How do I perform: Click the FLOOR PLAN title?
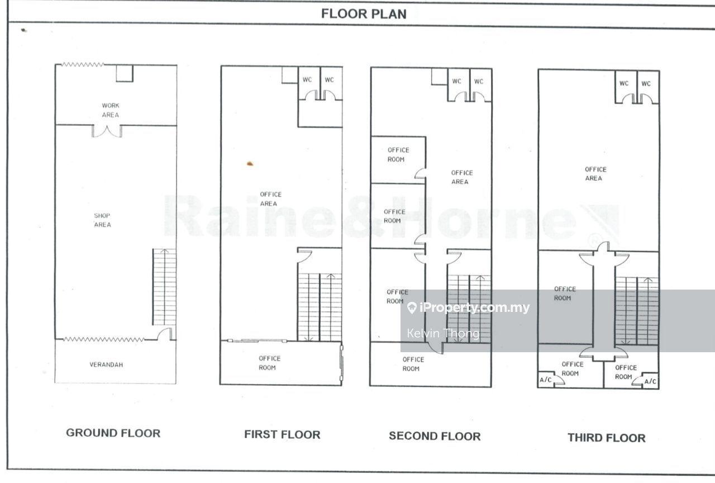click(x=364, y=14)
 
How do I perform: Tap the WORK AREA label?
click(x=111, y=110)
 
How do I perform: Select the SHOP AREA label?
click(x=102, y=220)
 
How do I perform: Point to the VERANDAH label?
click(x=106, y=364)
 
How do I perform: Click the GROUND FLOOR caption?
click(x=113, y=433)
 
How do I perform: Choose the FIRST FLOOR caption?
click(x=282, y=434)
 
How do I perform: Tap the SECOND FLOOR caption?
click(x=435, y=436)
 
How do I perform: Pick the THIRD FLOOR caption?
click(x=607, y=438)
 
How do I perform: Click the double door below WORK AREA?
click(x=107, y=131)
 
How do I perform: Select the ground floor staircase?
click(x=164, y=287)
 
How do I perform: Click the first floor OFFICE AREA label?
click(x=270, y=198)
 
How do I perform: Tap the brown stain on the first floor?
click(x=250, y=164)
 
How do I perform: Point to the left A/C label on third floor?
click(x=546, y=380)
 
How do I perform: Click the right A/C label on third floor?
click(x=650, y=381)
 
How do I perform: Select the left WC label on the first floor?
click(x=307, y=79)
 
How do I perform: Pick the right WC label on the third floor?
click(x=646, y=83)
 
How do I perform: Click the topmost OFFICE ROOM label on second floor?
click(x=398, y=155)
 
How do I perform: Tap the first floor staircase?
click(x=320, y=307)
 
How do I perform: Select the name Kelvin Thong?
click(x=443, y=334)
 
